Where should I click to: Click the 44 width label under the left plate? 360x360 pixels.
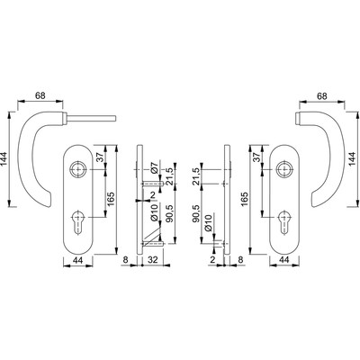point(78,261)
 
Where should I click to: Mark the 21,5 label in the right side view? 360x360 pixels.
point(197,173)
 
